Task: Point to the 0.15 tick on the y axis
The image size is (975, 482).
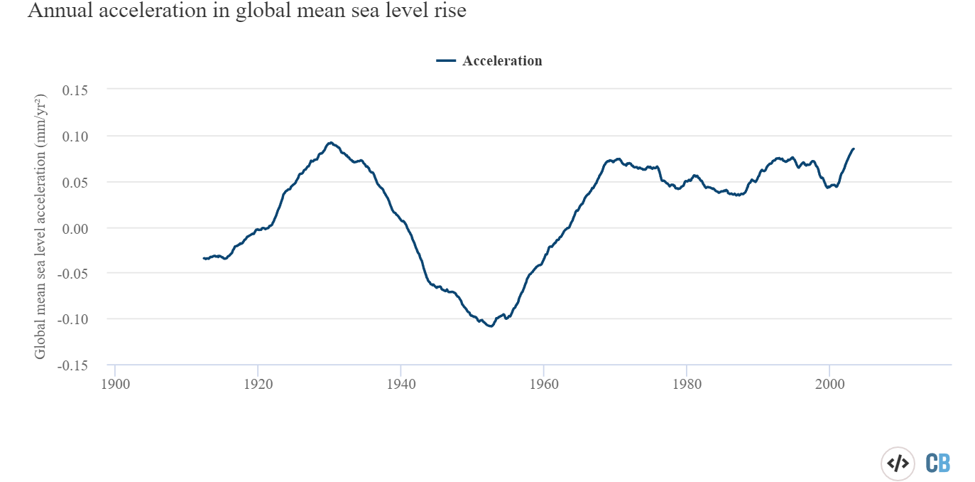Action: click(x=75, y=90)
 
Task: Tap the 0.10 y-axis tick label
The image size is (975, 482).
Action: click(x=75, y=136)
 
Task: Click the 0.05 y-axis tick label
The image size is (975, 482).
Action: click(x=75, y=182)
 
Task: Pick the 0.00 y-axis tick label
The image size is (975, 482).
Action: click(x=75, y=228)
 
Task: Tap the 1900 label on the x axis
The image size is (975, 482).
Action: click(x=115, y=382)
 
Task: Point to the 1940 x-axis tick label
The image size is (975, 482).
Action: click(x=401, y=382)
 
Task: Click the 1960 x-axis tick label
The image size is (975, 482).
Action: click(x=543, y=382)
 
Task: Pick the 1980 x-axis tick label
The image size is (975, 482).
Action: click(x=686, y=382)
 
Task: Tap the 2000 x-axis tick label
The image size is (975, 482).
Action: click(x=829, y=382)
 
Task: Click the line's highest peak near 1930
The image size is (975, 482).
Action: click(x=330, y=143)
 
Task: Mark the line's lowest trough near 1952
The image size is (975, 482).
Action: click(x=490, y=326)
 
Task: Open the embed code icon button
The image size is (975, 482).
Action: click(x=898, y=464)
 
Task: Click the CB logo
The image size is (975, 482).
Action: click(x=938, y=464)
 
